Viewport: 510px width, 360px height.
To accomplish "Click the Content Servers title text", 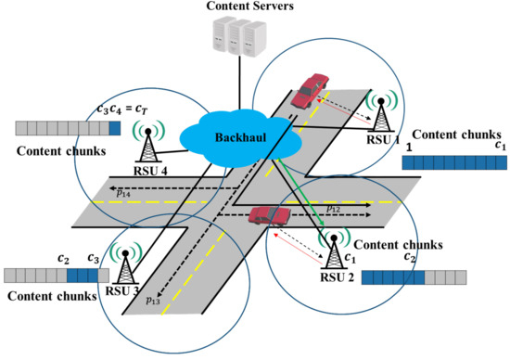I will click(252, 7).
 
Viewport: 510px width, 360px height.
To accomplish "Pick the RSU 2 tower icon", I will click(331, 249).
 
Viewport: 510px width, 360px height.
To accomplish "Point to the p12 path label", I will click(335, 209).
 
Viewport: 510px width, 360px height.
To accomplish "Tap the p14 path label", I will click(122, 191).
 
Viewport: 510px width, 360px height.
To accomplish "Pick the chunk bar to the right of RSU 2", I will click(414, 276).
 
